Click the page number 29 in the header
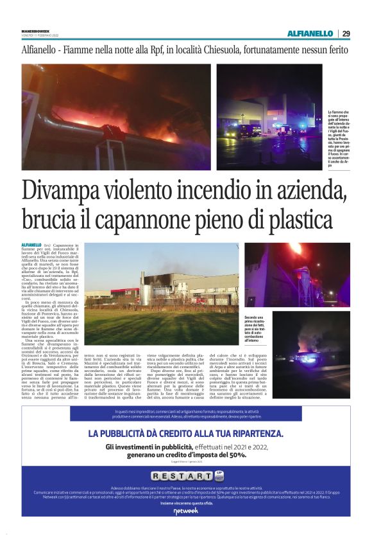[346, 33]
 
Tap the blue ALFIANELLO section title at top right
[310, 33]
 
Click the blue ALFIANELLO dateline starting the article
[31, 245]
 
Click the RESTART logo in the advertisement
[181, 476]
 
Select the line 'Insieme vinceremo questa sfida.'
[185, 504]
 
